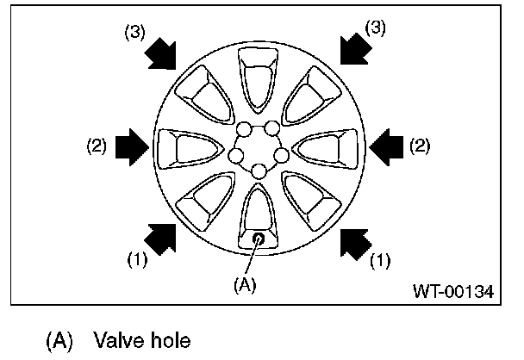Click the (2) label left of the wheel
coord(97,146)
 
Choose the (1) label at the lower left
coord(138,257)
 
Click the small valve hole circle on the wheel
coord(259,237)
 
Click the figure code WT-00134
coord(452,292)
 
